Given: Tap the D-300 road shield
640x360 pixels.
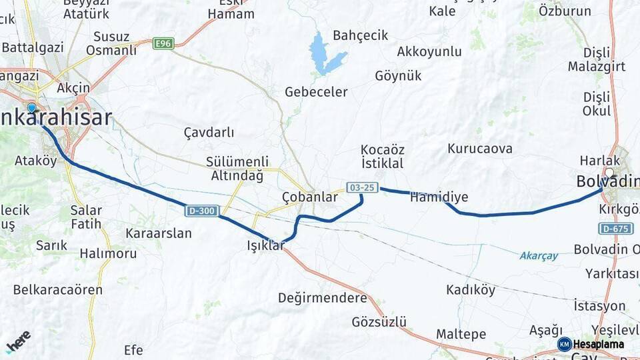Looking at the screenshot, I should pos(201,211).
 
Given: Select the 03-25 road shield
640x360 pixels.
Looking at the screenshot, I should pos(362,187).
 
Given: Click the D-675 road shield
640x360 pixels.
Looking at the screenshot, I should pos(615,229).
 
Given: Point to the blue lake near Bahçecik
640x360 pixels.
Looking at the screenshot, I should pos(325,54).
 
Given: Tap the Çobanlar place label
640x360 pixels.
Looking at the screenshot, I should pos(309,197).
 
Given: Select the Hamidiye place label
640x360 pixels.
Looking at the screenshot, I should pos(439,197).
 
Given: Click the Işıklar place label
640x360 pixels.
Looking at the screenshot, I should pos(265,246).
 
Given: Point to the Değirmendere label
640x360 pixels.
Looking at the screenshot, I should pos(323,297).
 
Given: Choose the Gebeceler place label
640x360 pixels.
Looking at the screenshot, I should pos(316,91).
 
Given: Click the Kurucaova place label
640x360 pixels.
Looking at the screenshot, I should pos(480,148).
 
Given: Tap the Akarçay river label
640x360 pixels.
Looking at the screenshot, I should pos(539,255).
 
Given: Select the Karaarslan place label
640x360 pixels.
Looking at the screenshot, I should pos(159,233).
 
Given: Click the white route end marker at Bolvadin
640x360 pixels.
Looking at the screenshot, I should pos(609,172).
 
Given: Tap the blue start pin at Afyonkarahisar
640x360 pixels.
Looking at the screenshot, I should pos(31,107).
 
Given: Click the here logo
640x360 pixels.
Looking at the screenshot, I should pos(18,341).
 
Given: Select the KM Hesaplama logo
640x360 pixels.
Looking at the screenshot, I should pos(591,344).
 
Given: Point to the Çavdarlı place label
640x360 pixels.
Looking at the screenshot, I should pos(209,132).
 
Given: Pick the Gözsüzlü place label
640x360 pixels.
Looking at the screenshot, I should pos(379,322).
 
